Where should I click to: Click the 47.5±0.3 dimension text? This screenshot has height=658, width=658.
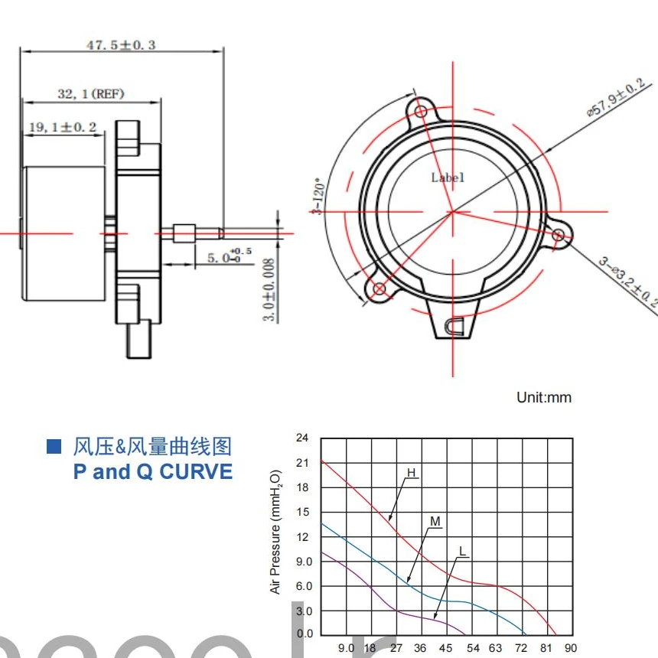121,44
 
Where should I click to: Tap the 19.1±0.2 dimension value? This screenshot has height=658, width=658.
63,127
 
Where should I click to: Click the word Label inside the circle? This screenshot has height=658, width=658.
448,178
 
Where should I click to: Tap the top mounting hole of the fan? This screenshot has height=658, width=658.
422,112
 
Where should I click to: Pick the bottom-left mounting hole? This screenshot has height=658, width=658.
380,288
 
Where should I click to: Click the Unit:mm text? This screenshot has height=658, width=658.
544,397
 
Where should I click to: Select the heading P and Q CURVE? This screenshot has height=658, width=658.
153,471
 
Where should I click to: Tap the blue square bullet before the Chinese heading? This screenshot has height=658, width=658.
54,446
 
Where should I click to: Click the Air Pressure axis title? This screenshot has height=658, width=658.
276,532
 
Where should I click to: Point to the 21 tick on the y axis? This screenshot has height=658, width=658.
302,462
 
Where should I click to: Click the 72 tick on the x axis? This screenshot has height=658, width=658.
522,648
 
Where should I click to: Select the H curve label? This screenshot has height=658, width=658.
411,473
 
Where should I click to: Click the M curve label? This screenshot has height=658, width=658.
435,522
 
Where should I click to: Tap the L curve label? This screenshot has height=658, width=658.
462,550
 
